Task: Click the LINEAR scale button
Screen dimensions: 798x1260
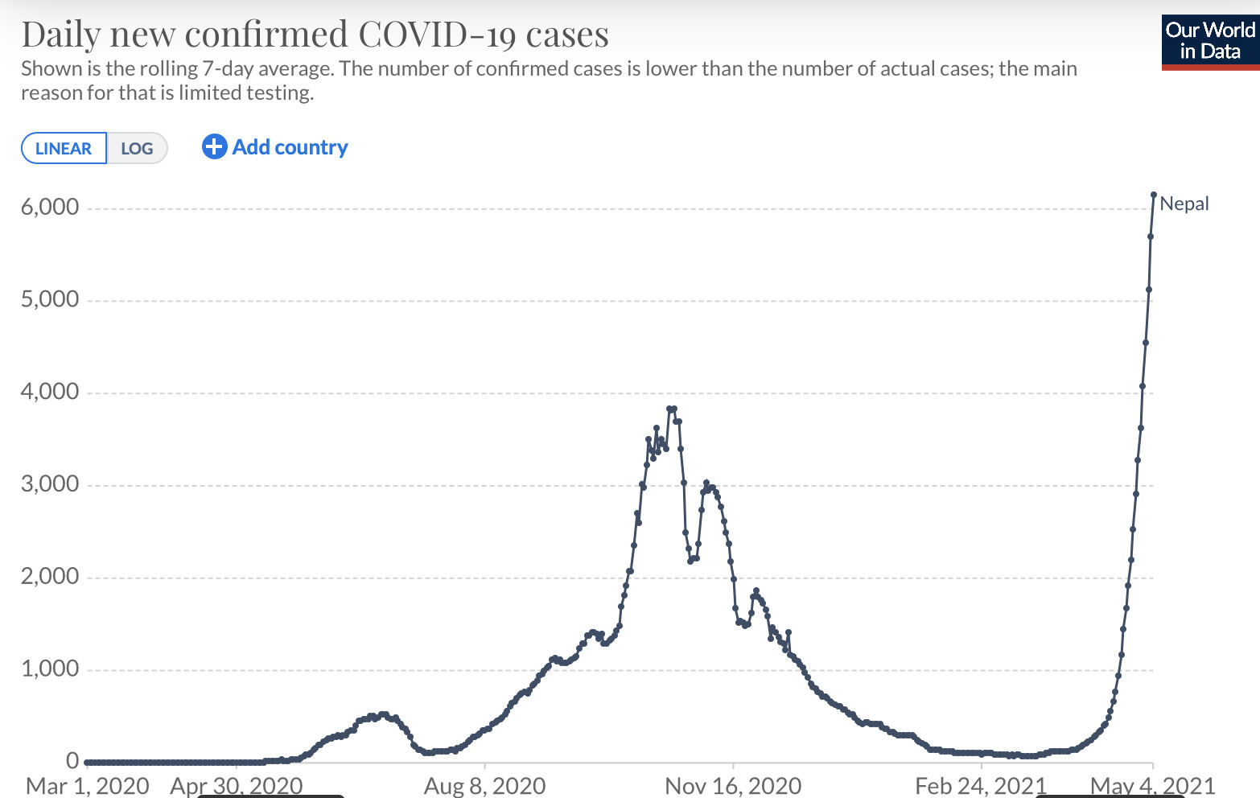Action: [x=64, y=149]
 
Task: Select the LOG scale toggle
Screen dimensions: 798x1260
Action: [x=137, y=149]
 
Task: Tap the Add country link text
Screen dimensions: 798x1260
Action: [x=290, y=147]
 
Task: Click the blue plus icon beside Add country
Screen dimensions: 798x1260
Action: [x=214, y=146]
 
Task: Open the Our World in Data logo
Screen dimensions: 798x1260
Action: [x=1210, y=41]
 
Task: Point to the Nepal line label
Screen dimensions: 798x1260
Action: [x=1184, y=204]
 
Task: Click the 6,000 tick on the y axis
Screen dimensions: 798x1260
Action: [x=50, y=208]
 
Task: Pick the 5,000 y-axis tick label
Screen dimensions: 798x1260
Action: [x=50, y=300]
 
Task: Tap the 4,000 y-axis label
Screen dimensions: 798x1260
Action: [x=50, y=393]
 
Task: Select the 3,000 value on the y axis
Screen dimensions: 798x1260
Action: [x=50, y=484]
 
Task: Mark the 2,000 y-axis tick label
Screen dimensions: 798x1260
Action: [x=50, y=577]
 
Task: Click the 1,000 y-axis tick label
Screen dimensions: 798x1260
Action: [x=50, y=669]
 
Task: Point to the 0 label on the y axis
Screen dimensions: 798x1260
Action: [x=72, y=761]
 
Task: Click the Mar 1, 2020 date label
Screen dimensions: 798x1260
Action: [x=88, y=786]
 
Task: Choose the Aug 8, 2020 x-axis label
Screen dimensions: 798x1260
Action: [x=484, y=786]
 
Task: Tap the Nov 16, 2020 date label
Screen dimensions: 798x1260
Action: [x=733, y=786]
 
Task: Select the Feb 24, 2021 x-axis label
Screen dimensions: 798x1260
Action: [x=981, y=786]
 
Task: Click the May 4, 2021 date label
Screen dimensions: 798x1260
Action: [x=1152, y=786]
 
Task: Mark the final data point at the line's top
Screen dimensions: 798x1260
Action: [x=1154, y=195]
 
